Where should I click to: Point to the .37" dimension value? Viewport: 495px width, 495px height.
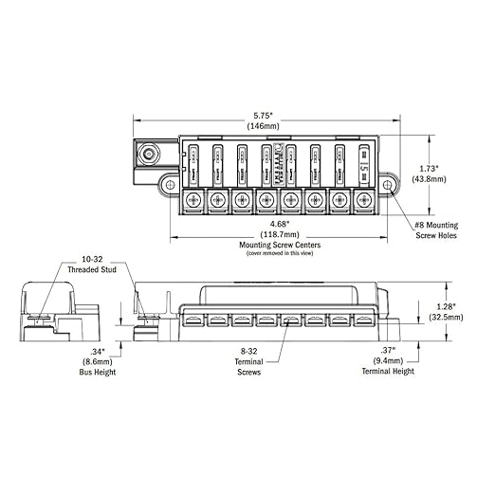tap(388, 351)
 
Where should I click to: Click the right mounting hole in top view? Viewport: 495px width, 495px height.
tap(389, 184)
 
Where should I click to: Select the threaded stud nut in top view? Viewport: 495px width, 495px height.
tap(148, 153)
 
